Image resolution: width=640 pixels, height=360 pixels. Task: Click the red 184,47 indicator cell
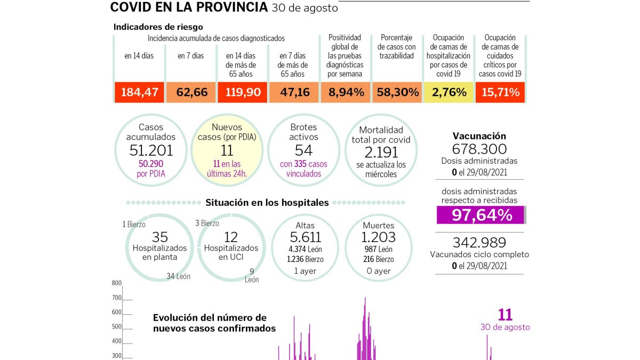click(139, 92)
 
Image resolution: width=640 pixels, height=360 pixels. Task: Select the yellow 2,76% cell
click(449, 92)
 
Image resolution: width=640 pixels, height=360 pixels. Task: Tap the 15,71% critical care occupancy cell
click(500, 92)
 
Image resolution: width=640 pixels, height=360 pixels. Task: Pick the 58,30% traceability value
click(397, 92)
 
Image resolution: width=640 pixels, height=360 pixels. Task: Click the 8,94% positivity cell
click(346, 92)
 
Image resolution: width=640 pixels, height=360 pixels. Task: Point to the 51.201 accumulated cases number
click(151, 150)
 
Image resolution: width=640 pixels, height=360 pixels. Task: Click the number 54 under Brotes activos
click(303, 150)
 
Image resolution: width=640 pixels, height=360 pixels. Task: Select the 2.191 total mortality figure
click(381, 153)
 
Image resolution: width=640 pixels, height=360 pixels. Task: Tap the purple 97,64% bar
click(481, 215)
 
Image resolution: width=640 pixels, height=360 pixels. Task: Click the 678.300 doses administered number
click(479, 149)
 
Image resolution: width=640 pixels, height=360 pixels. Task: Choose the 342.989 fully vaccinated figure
click(479, 243)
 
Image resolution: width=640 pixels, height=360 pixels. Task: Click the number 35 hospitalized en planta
click(159, 237)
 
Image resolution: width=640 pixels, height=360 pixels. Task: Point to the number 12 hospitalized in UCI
click(231, 237)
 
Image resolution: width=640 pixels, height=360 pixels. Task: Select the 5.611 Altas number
click(305, 237)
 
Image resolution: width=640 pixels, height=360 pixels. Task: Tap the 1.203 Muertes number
click(378, 237)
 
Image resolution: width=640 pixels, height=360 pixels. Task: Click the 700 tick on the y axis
click(117, 298)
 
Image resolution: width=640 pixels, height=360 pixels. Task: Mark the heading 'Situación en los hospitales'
click(267, 203)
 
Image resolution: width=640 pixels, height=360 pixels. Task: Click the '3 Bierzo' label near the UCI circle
click(207, 223)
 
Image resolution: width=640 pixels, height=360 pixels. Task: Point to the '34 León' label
click(179, 276)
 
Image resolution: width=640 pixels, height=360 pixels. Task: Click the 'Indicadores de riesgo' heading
click(158, 27)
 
